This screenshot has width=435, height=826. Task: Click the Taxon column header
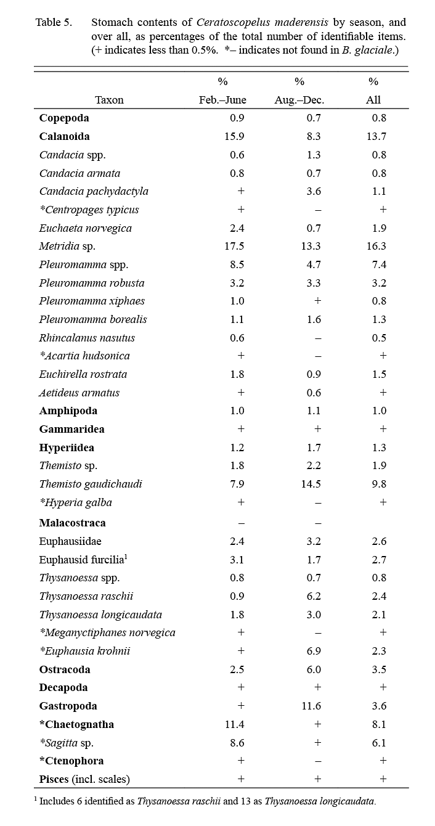pyautogui.click(x=109, y=100)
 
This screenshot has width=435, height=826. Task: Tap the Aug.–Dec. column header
pyautogui.click(x=299, y=100)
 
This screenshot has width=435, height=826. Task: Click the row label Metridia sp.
pyautogui.click(x=67, y=246)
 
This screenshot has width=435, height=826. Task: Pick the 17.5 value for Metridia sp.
pyautogui.click(x=235, y=246)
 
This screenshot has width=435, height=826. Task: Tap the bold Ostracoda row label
pyautogui.click(x=65, y=669)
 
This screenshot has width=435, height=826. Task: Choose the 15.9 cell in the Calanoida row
pyautogui.click(x=235, y=136)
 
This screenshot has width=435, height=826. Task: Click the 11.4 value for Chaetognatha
pyautogui.click(x=235, y=724)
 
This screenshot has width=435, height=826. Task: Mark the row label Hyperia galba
pyautogui.click(x=76, y=502)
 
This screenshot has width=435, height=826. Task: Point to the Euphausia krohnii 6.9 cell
pyautogui.click(x=313, y=651)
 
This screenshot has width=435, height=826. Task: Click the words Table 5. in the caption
pyautogui.click(x=54, y=23)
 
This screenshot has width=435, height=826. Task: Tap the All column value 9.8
pyautogui.click(x=380, y=484)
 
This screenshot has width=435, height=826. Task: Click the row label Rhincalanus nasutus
pyautogui.click(x=87, y=338)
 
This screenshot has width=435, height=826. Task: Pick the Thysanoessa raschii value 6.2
pyautogui.click(x=313, y=596)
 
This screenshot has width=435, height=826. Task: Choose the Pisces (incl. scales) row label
pyautogui.click(x=84, y=779)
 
